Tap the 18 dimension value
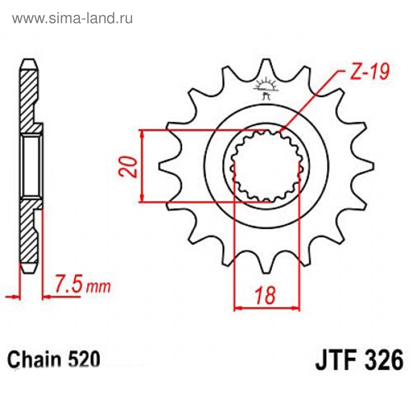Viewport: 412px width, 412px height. [x=266, y=295]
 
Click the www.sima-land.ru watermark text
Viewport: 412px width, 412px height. [x=72, y=18]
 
